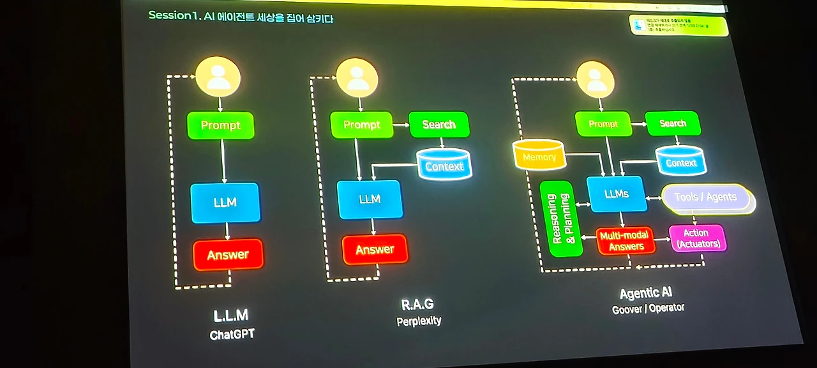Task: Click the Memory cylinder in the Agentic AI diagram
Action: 539,156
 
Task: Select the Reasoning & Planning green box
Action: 561,219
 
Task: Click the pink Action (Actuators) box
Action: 697,238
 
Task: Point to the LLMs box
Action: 616,194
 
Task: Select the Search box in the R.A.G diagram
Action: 438,125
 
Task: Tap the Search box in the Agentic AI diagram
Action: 673,123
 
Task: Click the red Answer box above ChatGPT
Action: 228,254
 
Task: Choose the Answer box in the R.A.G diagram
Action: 375,249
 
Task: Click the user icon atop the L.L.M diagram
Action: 218,77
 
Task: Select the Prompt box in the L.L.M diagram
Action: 220,125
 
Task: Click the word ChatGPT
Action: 232,334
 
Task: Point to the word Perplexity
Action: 419,320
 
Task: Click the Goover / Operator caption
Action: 648,309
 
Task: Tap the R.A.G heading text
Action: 418,304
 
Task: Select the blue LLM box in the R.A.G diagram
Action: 370,199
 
